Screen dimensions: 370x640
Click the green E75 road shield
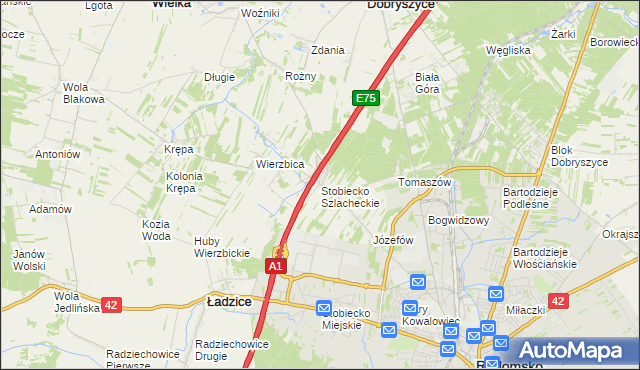[366, 98]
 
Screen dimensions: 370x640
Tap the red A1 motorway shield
[277, 266]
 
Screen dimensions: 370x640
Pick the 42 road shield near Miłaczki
[559, 301]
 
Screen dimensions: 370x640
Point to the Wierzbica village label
[280, 164]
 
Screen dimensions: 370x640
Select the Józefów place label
[393, 240]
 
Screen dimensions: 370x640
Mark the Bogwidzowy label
[458, 220]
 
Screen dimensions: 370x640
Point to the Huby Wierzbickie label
[221, 247]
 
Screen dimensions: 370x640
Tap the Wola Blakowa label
[84, 93]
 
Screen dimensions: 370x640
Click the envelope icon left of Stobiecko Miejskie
[324, 309]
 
